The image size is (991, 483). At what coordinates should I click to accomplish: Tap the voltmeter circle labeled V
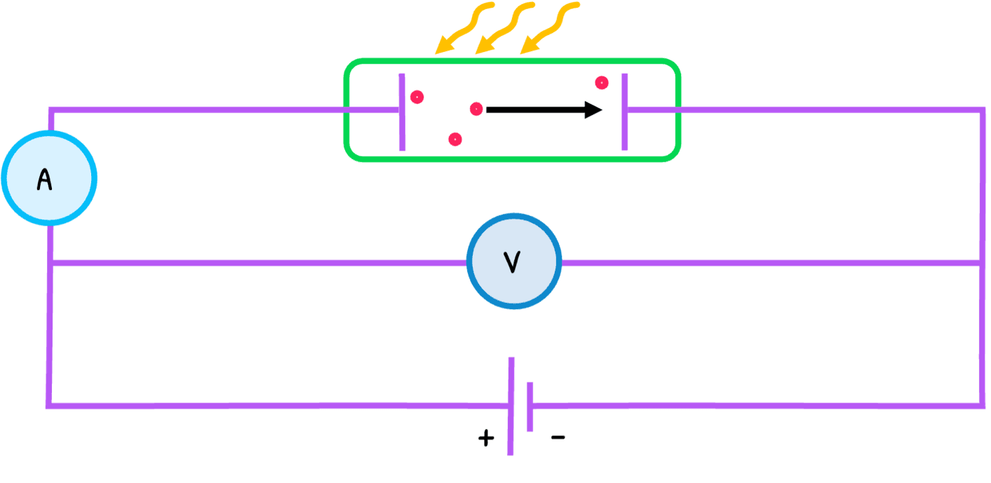[514, 261]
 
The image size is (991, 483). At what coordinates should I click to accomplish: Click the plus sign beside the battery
[486, 439]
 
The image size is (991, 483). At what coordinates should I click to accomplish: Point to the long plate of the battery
[511, 406]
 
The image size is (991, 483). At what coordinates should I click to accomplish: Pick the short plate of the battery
[530, 406]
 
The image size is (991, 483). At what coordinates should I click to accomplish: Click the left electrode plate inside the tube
[402, 112]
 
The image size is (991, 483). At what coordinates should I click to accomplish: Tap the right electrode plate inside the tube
[624, 112]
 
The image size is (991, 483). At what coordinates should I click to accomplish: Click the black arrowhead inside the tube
[593, 109]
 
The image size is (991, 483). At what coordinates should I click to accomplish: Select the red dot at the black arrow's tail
[476, 109]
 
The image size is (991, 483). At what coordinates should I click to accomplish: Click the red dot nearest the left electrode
[417, 97]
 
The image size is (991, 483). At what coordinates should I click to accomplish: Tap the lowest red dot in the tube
[454, 140]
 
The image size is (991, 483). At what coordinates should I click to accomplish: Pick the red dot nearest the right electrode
[602, 83]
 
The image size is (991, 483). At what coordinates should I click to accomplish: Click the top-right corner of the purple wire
[981, 110]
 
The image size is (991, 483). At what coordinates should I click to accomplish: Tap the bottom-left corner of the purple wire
[49, 405]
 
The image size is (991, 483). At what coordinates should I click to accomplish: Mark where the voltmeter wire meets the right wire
[981, 263]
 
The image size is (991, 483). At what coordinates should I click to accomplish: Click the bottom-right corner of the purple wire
[981, 404]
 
